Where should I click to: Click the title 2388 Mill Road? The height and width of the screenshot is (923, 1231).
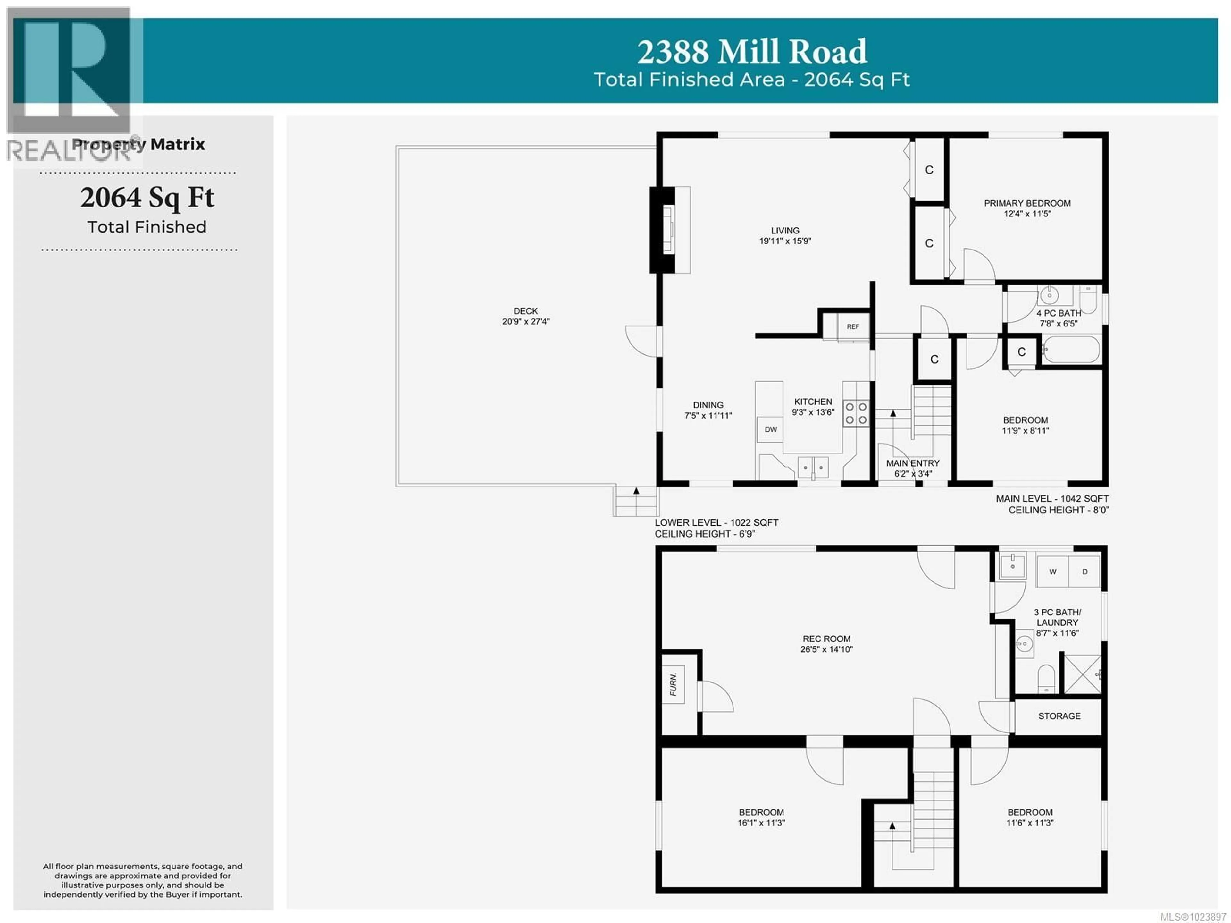tap(751, 52)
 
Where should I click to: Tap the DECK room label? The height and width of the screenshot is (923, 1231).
tap(525, 311)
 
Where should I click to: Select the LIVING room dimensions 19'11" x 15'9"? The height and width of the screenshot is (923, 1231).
tap(785, 241)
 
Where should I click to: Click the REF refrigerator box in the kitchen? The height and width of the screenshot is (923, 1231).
tap(853, 327)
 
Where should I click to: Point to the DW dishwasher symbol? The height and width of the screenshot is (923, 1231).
tap(770, 429)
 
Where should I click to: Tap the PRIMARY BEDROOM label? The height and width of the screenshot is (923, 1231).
tap(1027, 203)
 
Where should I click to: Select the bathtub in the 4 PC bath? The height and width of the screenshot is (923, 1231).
tap(1071, 350)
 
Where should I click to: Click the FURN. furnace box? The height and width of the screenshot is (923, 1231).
tap(674, 684)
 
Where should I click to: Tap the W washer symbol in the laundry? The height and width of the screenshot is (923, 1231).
tap(1052, 572)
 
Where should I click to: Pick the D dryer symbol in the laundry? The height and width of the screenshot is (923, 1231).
tap(1084, 572)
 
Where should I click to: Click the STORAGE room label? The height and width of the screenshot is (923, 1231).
tap(1059, 716)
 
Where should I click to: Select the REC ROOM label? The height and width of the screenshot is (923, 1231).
tap(826, 639)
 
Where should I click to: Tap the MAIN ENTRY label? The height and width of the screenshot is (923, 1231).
tap(913, 463)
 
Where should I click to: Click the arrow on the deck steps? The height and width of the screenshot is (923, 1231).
tap(636, 491)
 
